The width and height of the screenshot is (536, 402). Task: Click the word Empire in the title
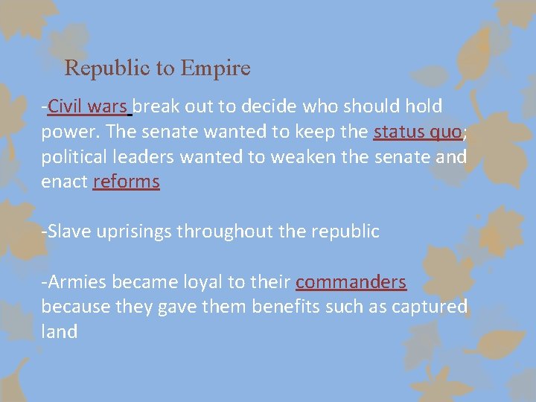(215, 68)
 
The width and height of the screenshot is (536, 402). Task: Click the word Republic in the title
(109, 68)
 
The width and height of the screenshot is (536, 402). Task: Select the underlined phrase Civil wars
(88, 107)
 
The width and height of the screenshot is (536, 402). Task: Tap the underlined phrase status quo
(418, 133)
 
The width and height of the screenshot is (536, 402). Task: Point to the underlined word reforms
(126, 182)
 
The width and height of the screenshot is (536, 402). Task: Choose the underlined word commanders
(351, 282)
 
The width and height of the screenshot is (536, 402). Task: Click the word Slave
(67, 232)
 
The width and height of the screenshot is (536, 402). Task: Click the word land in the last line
(59, 331)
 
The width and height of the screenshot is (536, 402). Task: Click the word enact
(63, 182)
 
